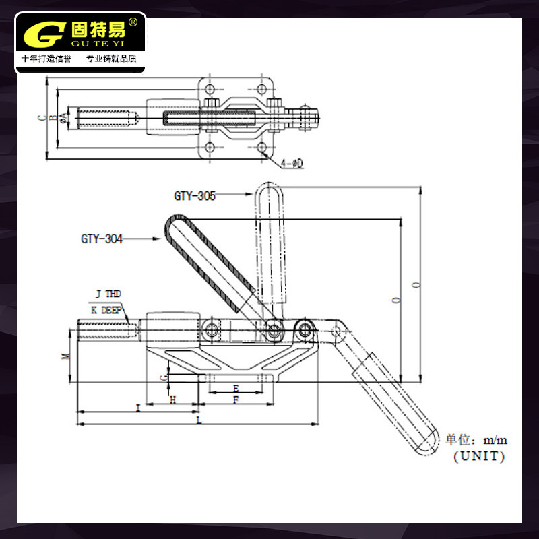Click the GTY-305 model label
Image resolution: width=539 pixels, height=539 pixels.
pos(195,196)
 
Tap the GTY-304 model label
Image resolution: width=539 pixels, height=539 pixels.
pos(102,239)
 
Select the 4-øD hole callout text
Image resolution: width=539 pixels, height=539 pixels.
pos(292,163)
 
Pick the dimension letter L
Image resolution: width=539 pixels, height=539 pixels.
pos(199,420)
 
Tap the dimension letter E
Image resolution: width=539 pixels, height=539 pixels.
pos(236,388)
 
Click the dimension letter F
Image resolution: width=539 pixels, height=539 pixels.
pos(236,400)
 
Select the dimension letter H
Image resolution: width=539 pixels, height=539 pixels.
pos(173,400)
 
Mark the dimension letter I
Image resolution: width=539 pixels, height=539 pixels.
pos(138,408)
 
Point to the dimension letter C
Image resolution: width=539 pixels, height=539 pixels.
pos(42,119)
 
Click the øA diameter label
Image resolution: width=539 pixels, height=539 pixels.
pos(63,119)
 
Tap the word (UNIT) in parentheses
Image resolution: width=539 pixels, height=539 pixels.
pos(479,456)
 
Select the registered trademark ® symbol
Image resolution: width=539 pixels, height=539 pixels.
pos(133,22)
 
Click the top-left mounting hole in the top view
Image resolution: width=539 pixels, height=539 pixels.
pos(210,89)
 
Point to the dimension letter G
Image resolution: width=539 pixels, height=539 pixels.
pos(163,378)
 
